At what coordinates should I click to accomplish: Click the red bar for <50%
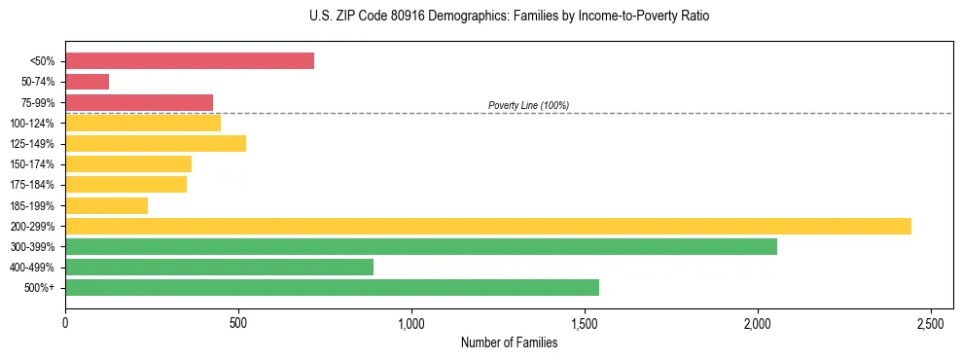(x=190, y=60)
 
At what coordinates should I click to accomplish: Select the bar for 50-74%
(x=87, y=82)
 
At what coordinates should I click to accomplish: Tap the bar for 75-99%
(x=139, y=102)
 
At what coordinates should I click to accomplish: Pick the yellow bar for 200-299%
(x=488, y=226)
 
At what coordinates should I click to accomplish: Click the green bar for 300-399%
(x=421, y=246)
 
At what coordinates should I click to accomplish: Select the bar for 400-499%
(x=219, y=267)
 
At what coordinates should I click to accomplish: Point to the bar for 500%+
(x=332, y=287)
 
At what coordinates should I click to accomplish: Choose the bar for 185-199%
(x=106, y=205)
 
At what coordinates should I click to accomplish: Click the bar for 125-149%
(x=156, y=143)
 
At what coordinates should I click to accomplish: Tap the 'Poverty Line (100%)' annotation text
(x=528, y=105)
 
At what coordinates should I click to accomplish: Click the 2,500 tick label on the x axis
(x=931, y=322)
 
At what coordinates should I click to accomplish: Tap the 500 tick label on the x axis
(x=238, y=322)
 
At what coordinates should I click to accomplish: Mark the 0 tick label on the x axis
(x=65, y=322)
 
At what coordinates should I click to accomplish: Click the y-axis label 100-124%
(x=32, y=123)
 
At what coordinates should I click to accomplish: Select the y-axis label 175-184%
(x=32, y=185)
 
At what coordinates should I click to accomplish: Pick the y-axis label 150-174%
(x=32, y=164)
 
